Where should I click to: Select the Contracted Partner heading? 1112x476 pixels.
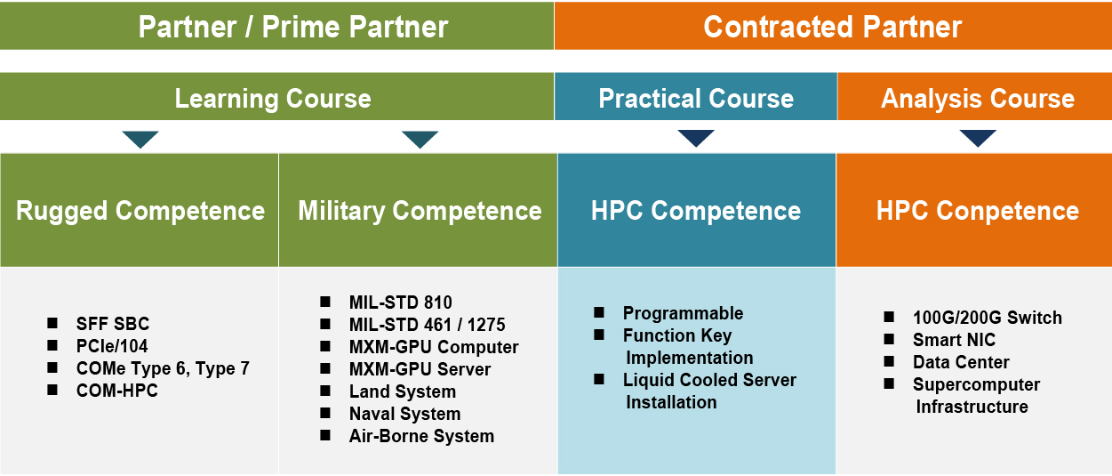pyautogui.click(x=832, y=27)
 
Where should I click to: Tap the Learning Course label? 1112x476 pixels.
pyautogui.click(x=272, y=98)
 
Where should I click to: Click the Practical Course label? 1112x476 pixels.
pyautogui.click(x=696, y=98)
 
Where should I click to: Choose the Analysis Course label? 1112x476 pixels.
pyautogui.click(x=977, y=98)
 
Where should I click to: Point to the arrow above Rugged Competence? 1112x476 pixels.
pyautogui.click(x=140, y=139)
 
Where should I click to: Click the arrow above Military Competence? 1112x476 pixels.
pyautogui.click(x=420, y=139)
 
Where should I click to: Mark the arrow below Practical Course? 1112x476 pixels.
pyautogui.click(x=696, y=138)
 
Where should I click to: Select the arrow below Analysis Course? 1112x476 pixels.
pyautogui.click(x=978, y=138)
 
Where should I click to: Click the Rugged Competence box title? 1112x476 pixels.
pyautogui.click(x=140, y=211)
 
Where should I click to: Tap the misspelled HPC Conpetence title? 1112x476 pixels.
pyautogui.click(x=977, y=211)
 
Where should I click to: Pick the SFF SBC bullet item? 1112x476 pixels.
pyautogui.click(x=112, y=324)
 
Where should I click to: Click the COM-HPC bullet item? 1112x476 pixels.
pyautogui.click(x=116, y=391)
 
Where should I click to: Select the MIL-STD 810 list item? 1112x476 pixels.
pyautogui.click(x=400, y=303)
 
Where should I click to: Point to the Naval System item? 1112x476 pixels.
pyautogui.click(x=404, y=414)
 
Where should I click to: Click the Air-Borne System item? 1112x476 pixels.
pyautogui.click(x=420, y=436)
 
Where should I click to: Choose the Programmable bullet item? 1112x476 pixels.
pyautogui.click(x=683, y=313)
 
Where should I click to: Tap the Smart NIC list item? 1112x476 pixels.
pyautogui.click(x=954, y=340)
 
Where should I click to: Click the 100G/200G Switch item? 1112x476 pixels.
pyautogui.click(x=987, y=318)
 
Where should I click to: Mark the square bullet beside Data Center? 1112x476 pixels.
pyautogui.click(x=889, y=361)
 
